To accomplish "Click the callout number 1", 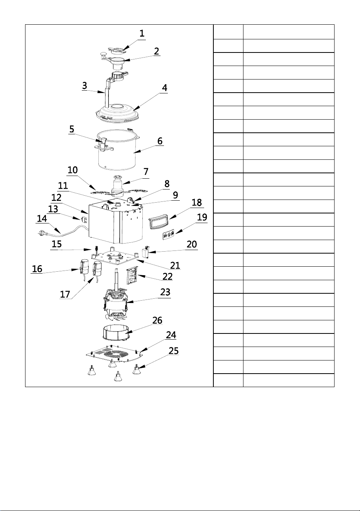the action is tap(142, 34).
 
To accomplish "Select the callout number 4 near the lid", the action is tap(165, 88).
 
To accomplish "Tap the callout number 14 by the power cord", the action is tap(42, 218).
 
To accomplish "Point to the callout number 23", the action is tap(165, 292).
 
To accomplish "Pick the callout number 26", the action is tap(157, 320).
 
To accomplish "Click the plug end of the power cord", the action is tap(42, 234).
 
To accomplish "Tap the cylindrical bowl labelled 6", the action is tap(117, 151).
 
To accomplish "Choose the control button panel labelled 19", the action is tap(169, 235).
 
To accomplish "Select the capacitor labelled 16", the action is tap(84, 267).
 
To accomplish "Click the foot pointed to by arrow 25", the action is tap(137, 370).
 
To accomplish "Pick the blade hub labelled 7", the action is tap(117, 184).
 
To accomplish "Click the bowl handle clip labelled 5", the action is tap(103, 144).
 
